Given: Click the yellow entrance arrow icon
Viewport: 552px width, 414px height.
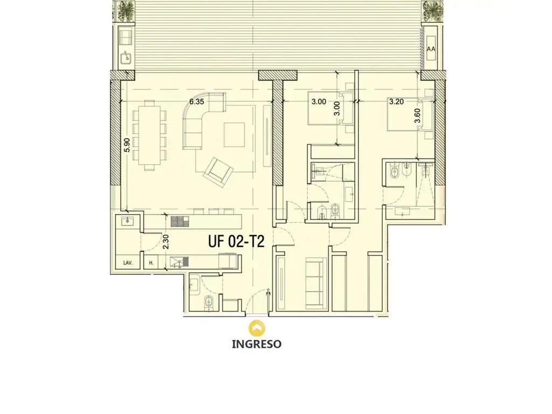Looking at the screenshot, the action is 257,328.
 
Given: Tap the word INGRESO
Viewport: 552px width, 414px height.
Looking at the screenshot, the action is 257,344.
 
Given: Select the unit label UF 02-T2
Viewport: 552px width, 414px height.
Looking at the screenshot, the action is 236,241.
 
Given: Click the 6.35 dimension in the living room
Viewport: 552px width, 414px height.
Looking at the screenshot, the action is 196,102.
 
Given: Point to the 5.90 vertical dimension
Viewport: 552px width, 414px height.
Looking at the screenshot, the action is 127,144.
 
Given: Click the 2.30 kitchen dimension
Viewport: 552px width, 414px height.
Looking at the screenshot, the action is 166,242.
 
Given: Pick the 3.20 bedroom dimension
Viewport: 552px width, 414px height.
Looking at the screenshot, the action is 396,102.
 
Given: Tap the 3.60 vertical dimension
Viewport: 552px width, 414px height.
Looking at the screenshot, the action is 418,115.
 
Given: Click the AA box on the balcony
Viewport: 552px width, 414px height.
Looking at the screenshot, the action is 431,49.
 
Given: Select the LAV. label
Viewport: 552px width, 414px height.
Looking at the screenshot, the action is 128,263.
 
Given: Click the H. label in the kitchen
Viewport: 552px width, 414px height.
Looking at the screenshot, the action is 151,263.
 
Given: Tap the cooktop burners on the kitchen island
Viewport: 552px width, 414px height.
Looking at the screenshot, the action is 180,221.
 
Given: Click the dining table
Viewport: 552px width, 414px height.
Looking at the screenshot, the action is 150,135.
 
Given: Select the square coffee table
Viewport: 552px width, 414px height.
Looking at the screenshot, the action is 234,134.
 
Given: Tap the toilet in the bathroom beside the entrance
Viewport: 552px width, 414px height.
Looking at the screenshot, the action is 209,302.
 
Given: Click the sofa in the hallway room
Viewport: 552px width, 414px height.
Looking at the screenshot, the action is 314,281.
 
